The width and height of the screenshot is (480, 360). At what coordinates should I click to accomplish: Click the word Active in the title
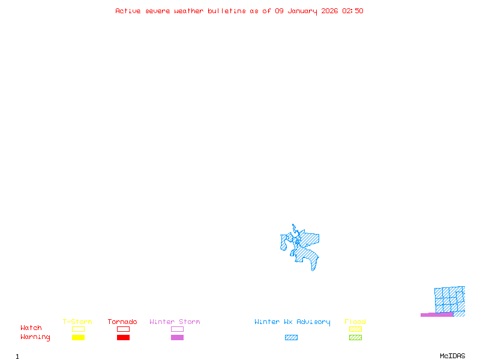[128, 11]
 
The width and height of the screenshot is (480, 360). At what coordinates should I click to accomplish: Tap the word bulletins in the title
[227, 11]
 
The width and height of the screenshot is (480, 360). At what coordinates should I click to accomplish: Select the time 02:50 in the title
[353, 11]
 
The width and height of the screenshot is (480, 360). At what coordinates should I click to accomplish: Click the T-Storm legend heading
[77, 322]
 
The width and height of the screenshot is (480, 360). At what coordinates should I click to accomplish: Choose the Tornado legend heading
[122, 322]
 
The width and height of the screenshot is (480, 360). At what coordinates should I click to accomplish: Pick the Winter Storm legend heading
[175, 322]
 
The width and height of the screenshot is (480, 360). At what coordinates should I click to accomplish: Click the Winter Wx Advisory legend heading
[292, 322]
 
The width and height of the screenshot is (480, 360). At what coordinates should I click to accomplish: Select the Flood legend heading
[355, 322]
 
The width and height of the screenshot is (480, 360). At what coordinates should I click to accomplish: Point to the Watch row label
[31, 328]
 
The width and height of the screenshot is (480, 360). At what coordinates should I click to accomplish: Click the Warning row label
[35, 337]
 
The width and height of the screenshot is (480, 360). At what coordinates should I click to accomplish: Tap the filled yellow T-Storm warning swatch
[78, 338]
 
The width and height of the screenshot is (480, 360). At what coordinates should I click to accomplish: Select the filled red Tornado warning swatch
[123, 338]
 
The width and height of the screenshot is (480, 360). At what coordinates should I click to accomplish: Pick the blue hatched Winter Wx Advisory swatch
[291, 338]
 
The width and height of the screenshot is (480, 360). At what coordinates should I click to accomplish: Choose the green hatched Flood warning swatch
[355, 338]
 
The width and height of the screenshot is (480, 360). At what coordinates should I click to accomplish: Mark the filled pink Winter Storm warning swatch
[177, 338]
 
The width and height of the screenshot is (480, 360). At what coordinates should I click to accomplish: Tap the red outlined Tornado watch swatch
[123, 329]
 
